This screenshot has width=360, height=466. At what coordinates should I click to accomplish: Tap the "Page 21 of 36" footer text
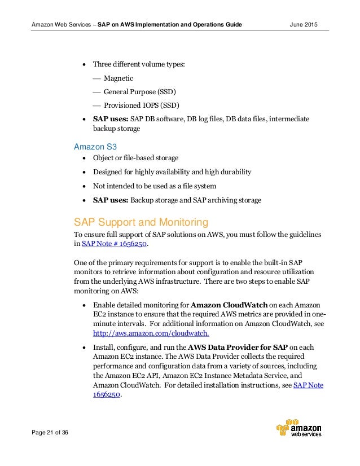coord(50,432)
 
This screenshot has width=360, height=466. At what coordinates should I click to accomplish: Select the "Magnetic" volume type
coord(118,78)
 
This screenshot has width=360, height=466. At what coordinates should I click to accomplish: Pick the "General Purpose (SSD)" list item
coord(139,92)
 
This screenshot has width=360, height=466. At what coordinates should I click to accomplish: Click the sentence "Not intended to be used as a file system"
coord(155,186)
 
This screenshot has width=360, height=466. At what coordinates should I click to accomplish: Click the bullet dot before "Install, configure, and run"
coord(84,346)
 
